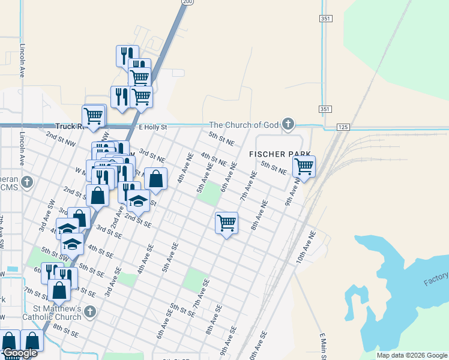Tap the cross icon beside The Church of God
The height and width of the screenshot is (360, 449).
coord(288,125)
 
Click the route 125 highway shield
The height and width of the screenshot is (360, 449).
coord(343,127)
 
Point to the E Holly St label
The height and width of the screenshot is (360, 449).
coord(152,127)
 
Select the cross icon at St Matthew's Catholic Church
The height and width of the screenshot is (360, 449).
coord(89,311)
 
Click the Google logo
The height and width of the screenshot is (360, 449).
coord(20,353)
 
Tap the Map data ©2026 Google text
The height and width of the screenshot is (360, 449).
coord(412,355)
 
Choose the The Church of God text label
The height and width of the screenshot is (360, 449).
coord(244,125)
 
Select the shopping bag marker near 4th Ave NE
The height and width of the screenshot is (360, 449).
coord(155,179)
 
